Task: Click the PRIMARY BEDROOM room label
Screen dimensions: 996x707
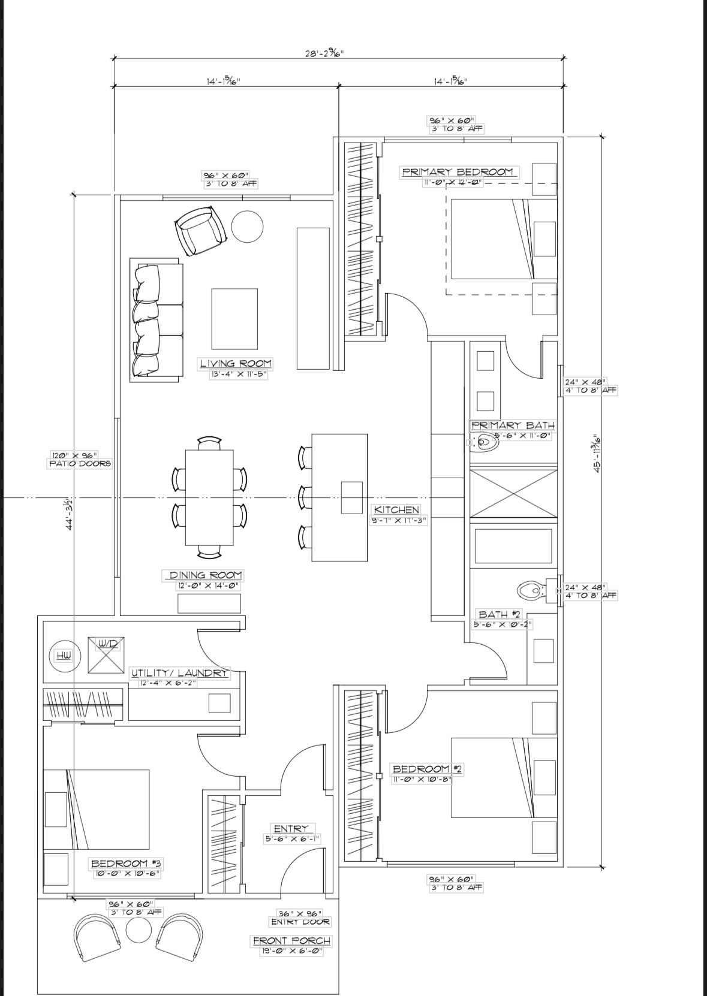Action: click(458, 172)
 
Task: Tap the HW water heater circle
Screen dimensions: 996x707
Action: click(64, 656)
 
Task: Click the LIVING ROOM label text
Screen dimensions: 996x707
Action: click(235, 363)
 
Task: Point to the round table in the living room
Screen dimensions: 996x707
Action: click(247, 227)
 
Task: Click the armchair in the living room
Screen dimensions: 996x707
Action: click(200, 230)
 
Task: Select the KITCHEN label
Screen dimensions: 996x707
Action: click(396, 510)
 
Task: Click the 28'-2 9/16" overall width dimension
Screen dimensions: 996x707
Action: click(324, 53)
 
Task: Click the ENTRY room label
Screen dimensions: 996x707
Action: click(291, 829)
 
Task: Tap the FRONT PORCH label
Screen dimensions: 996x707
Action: click(291, 941)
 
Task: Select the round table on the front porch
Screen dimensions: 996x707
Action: click(139, 931)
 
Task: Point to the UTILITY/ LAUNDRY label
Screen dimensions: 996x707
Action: click(179, 673)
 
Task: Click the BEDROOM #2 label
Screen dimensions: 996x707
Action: click(427, 769)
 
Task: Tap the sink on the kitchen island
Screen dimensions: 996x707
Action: click(352, 497)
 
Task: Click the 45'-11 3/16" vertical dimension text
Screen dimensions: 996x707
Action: click(597, 454)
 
